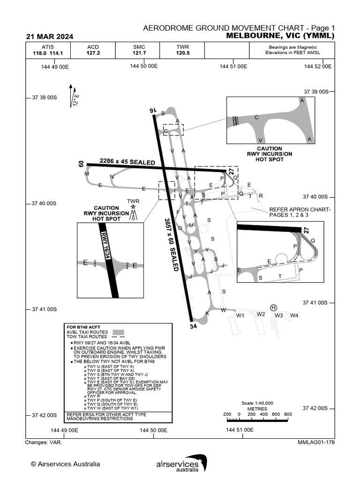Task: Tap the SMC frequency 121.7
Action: coord(140,53)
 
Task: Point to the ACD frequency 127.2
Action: coord(93,53)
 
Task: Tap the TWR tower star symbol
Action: coord(134,207)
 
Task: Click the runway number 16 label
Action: coord(152,110)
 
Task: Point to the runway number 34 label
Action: coord(193,326)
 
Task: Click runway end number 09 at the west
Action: coord(81,164)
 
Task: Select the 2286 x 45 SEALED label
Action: coord(127,162)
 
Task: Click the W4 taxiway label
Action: coord(294,315)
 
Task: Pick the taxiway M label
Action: coord(87,174)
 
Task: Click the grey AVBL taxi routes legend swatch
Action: coord(120,332)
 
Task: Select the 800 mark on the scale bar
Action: coord(288,414)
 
